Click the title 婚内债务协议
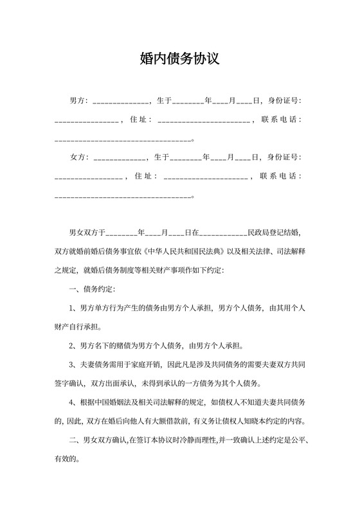tap(179, 59)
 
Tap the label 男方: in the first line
tap(78, 102)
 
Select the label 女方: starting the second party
tap(78, 157)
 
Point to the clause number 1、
tap(73, 308)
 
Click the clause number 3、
tap(73, 365)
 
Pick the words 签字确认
tap(70, 384)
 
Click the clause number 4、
tap(73, 403)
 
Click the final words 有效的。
tap(67, 460)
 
